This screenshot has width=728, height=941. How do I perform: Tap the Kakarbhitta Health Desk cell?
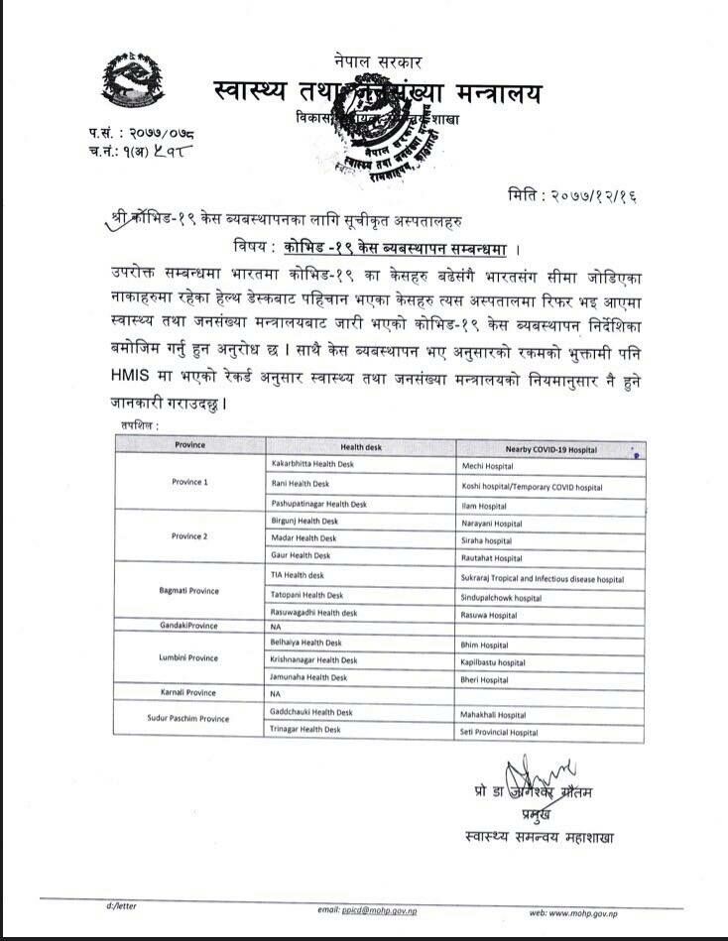(x=312, y=464)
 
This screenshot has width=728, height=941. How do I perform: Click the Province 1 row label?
(x=189, y=482)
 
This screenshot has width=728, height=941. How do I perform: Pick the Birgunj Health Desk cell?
(x=304, y=521)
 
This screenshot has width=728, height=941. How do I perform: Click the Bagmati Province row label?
(x=188, y=591)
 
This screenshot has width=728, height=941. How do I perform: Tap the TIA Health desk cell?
(x=298, y=575)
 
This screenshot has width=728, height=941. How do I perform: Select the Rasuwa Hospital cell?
(x=490, y=615)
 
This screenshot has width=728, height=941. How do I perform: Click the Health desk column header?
(x=360, y=447)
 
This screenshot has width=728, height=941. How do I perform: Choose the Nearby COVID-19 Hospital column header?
(x=550, y=449)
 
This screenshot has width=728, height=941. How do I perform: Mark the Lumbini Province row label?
(x=188, y=658)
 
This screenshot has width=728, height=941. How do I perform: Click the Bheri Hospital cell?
(x=486, y=680)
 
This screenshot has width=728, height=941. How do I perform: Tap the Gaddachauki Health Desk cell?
(x=311, y=712)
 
